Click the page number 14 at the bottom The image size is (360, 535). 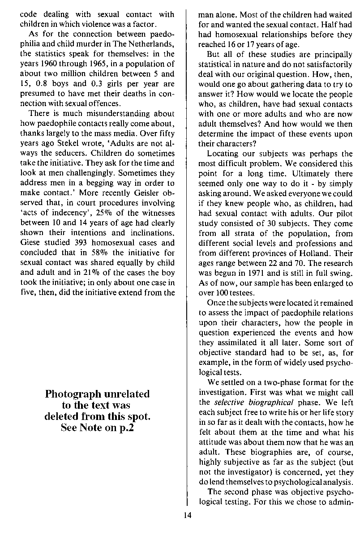[187, 515]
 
